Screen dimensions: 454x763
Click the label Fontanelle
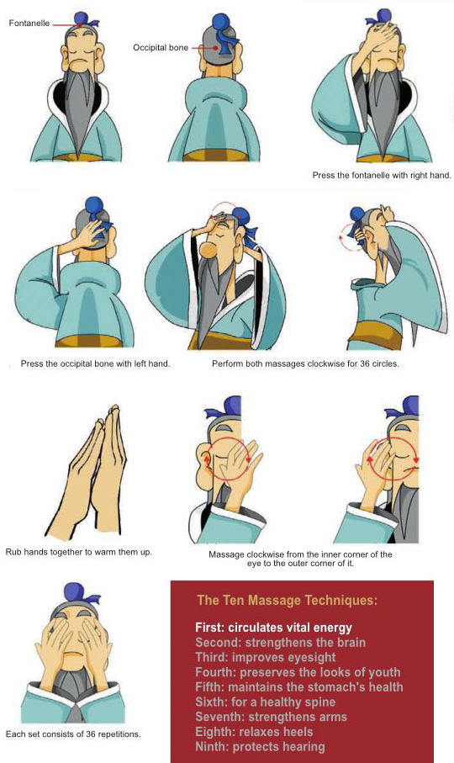click(29, 23)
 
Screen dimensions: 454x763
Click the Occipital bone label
click(161, 48)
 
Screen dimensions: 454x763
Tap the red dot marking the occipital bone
click(215, 48)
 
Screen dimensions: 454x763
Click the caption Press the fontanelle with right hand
click(382, 175)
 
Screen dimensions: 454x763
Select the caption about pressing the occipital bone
click(95, 363)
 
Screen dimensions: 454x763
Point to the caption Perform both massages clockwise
click(305, 363)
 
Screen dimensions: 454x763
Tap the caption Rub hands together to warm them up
click(79, 553)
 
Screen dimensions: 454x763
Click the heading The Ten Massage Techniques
click(288, 600)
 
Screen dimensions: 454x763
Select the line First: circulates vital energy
click(274, 628)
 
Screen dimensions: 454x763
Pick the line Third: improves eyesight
click(266, 657)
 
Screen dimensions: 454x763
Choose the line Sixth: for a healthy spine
click(266, 702)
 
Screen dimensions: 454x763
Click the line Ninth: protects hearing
click(260, 746)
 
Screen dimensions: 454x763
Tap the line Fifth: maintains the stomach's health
click(299, 687)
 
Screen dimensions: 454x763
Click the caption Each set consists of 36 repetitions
click(73, 734)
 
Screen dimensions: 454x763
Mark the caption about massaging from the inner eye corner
click(300, 559)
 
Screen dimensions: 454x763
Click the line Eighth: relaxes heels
click(254, 732)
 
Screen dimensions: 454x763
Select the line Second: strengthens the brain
click(281, 643)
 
